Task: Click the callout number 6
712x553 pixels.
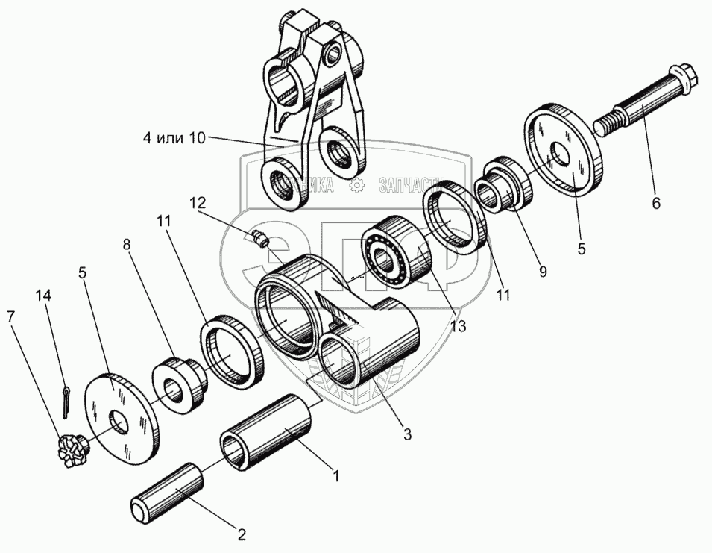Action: [x=656, y=201]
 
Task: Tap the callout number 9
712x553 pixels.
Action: [x=543, y=272]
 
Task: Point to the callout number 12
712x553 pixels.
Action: [x=196, y=202]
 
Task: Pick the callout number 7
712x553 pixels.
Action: [x=10, y=316]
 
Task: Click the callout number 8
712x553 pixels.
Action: [x=127, y=244]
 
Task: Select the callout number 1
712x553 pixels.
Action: [x=336, y=475]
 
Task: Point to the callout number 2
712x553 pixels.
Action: [x=241, y=534]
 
